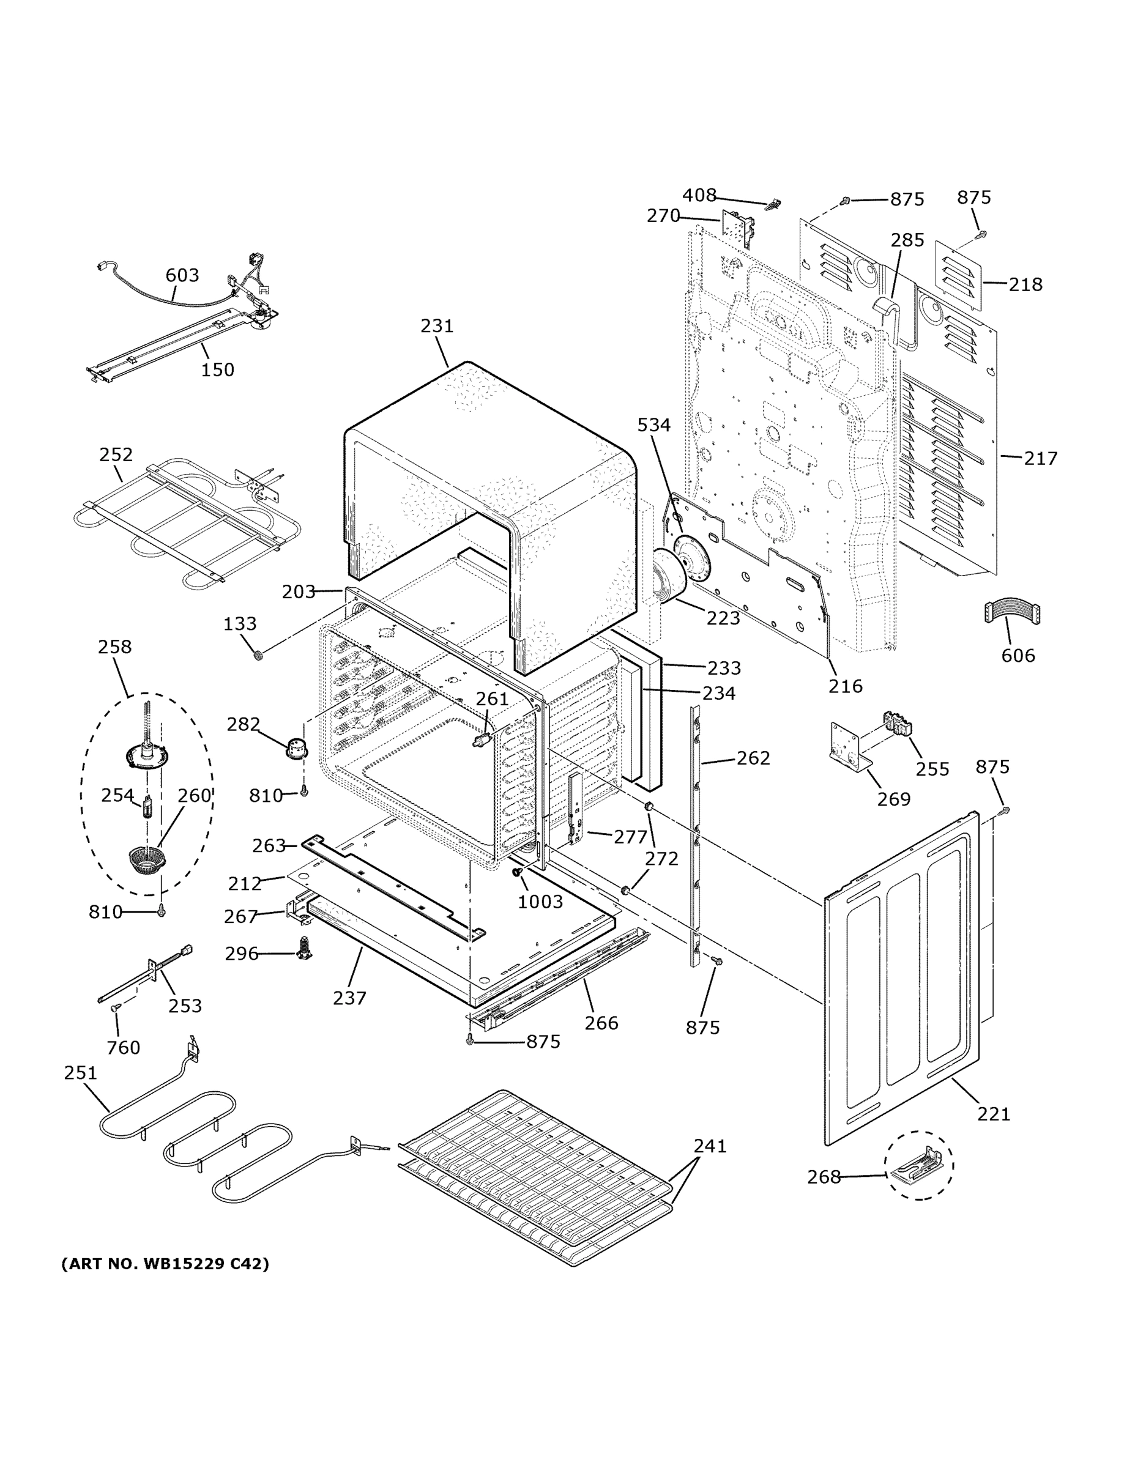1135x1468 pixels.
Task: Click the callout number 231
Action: (437, 326)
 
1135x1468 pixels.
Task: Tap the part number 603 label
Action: (182, 275)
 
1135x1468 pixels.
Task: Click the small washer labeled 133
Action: (258, 654)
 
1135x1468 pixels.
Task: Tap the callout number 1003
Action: (540, 902)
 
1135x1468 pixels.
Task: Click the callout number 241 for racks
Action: (710, 1146)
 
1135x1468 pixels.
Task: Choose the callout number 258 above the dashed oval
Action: (114, 647)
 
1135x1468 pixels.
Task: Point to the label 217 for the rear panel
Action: (1040, 458)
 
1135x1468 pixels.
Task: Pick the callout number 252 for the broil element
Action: (116, 454)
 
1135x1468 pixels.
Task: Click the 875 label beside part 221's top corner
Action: (992, 767)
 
